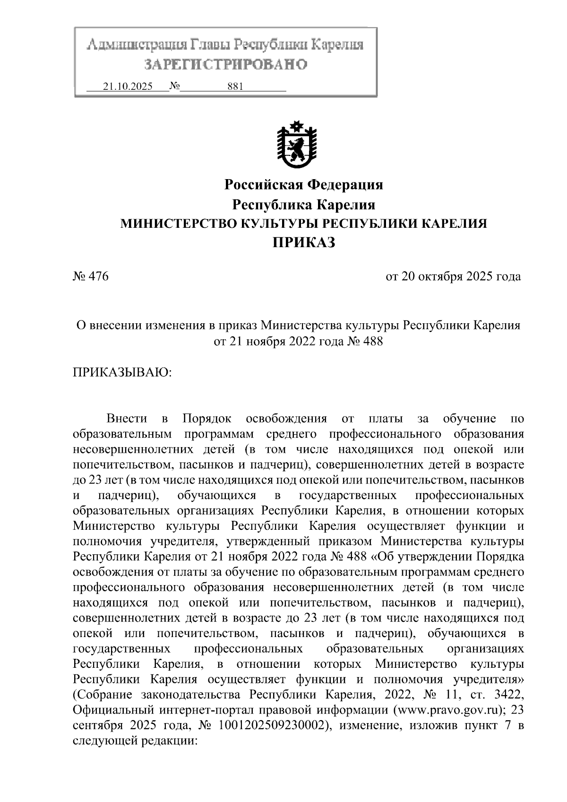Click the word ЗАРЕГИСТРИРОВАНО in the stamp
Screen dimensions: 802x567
tap(225, 64)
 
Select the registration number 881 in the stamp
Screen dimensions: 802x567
tap(235, 87)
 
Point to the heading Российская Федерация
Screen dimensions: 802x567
tap(303, 184)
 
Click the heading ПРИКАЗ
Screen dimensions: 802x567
tap(304, 243)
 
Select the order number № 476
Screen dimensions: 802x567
tap(91, 276)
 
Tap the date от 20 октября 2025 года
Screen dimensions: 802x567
tap(453, 276)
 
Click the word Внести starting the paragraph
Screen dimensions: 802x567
tap(127, 419)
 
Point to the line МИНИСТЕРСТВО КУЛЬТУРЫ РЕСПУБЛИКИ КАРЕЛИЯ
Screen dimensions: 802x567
tap(303, 224)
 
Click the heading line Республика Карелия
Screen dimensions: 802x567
tap(303, 205)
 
